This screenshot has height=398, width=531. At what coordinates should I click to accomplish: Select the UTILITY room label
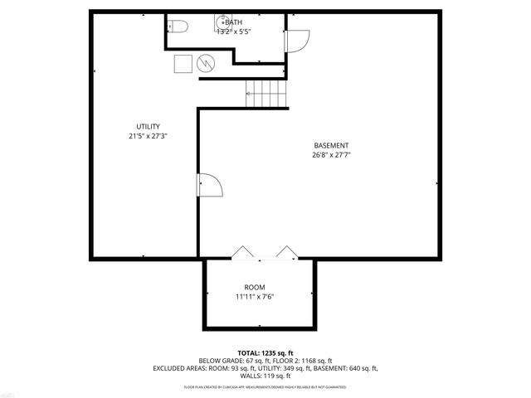pyautogui.click(x=149, y=127)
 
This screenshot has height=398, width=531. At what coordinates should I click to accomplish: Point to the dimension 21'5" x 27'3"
pyautogui.click(x=149, y=137)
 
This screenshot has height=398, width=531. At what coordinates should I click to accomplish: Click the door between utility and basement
pyautogui.click(x=208, y=186)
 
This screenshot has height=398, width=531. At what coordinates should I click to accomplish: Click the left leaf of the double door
pyautogui.click(x=243, y=252)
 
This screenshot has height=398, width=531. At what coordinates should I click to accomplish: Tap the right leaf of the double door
pyautogui.click(x=286, y=252)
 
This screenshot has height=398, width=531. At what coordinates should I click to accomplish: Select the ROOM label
pyautogui.click(x=255, y=287)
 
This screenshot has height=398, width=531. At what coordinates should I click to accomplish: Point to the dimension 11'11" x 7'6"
pyautogui.click(x=255, y=297)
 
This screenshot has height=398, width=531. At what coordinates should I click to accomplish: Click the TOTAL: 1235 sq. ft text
pyautogui.click(x=265, y=352)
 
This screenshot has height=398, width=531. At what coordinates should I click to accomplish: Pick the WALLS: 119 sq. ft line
pyautogui.click(x=265, y=376)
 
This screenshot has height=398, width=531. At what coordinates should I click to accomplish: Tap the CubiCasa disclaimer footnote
pyautogui.click(x=265, y=387)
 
